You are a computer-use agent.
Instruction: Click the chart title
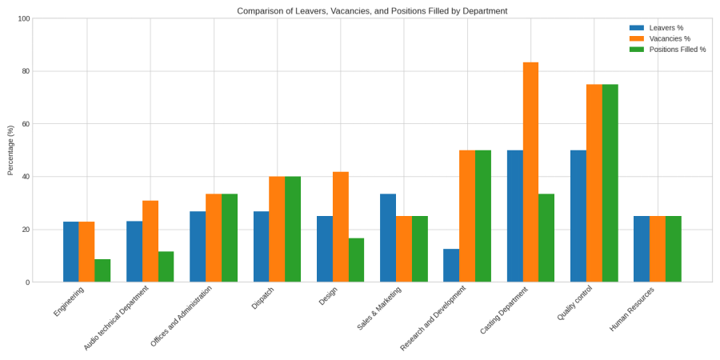372,11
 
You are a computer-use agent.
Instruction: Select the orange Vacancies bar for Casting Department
530,172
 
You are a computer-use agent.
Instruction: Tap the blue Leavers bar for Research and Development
451,266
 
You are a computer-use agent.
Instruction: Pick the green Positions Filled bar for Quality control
610,183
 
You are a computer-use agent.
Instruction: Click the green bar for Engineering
102,270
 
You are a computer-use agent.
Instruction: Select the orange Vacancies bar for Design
341,227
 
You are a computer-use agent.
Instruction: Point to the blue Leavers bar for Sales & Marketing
388,238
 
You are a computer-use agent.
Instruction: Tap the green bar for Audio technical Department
166,266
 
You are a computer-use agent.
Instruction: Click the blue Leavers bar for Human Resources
642,249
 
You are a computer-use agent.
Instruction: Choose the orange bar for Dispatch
277,229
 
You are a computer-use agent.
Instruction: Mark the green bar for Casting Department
546,238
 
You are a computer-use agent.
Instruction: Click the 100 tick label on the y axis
23,18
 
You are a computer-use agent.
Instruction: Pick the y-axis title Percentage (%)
10,150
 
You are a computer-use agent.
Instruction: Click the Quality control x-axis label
577,304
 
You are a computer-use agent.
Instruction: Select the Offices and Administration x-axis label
182,316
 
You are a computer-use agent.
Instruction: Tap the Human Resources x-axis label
632,309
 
